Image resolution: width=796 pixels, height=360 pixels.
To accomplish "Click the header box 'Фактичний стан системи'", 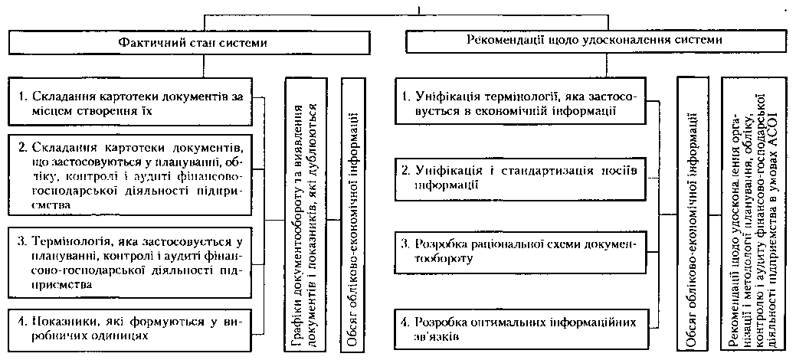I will (193, 43).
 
